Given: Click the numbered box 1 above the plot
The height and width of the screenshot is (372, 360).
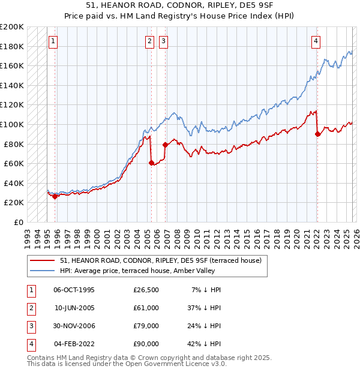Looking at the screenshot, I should click(53, 41).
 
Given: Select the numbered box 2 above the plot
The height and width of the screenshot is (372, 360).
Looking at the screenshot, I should click(149, 41).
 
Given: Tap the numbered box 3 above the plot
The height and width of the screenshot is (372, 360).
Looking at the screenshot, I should click(163, 41).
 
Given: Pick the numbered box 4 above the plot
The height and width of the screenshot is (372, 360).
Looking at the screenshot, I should click(316, 41).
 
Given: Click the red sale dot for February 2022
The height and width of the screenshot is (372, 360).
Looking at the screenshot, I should click(317, 134).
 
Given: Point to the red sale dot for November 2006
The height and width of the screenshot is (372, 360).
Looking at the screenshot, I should click(165, 145).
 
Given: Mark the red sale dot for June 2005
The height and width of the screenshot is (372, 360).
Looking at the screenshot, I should click(151, 163).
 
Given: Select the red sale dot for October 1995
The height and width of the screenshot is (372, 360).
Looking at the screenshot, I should click(55, 196).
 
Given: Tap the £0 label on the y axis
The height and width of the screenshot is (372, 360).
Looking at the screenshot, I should click(18, 222).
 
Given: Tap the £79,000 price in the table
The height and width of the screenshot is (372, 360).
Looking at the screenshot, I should click(146, 327).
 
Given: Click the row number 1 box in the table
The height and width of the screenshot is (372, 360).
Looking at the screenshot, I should click(29, 290).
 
